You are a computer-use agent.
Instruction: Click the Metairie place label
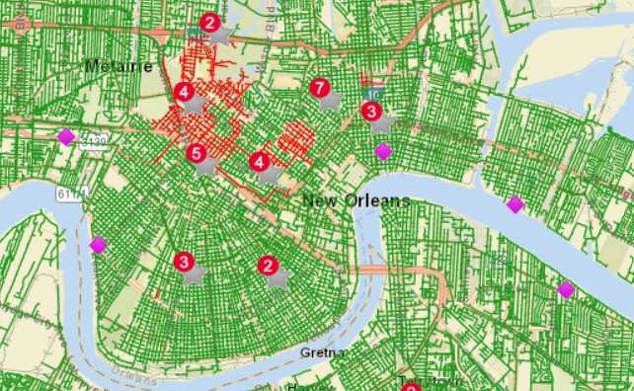119,66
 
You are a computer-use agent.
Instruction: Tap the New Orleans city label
356,200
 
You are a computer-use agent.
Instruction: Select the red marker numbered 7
319,89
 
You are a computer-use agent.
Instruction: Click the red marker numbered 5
196,153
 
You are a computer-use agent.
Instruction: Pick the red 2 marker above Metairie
209,22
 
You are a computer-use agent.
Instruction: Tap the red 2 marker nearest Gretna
267,266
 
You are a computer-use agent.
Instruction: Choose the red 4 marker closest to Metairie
183,92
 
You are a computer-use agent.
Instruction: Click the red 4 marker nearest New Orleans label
259,161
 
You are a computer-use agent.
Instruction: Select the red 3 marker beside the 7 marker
371,111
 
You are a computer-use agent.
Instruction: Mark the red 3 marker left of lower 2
183,262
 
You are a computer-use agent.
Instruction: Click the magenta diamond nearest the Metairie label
65,137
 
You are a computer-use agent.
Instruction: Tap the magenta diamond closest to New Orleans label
383,151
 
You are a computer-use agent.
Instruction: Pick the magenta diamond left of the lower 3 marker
98,244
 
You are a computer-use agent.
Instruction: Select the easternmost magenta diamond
566,289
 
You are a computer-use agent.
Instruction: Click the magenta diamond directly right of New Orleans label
515,204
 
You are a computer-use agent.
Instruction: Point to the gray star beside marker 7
331,100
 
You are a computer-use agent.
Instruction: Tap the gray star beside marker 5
206,166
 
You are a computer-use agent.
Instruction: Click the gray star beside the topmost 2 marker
221,35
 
